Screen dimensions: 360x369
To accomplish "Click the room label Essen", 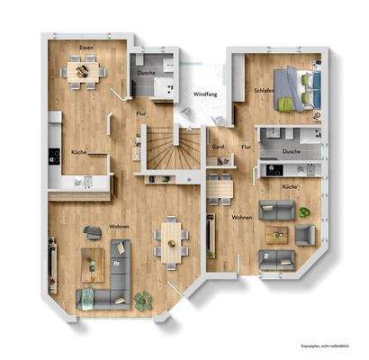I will click(x=85, y=47).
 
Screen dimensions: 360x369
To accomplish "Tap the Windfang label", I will click(x=205, y=94).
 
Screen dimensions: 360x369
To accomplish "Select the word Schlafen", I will click(x=265, y=91).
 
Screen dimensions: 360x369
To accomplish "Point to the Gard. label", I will click(x=218, y=146).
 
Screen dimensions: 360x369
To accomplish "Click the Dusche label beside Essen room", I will click(x=146, y=72).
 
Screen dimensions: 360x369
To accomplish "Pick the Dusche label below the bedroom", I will click(x=291, y=151).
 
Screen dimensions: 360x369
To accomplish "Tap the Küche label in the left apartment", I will click(x=79, y=152).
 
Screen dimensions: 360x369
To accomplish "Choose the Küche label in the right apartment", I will click(x=289, y=186).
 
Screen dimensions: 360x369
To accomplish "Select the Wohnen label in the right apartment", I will click(x=241, y=219).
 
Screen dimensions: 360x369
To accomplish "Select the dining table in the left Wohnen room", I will click(x=169, y=238).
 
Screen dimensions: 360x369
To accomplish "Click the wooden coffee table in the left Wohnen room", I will click(x=92, y=262).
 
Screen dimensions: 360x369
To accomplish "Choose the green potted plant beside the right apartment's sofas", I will click(x=304, y=212).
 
